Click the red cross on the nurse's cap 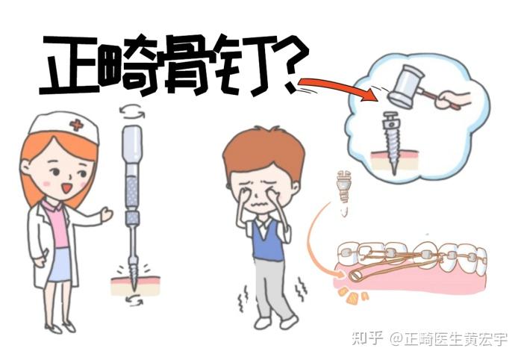pos(75,123)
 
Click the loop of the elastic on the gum pos(357,275)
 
